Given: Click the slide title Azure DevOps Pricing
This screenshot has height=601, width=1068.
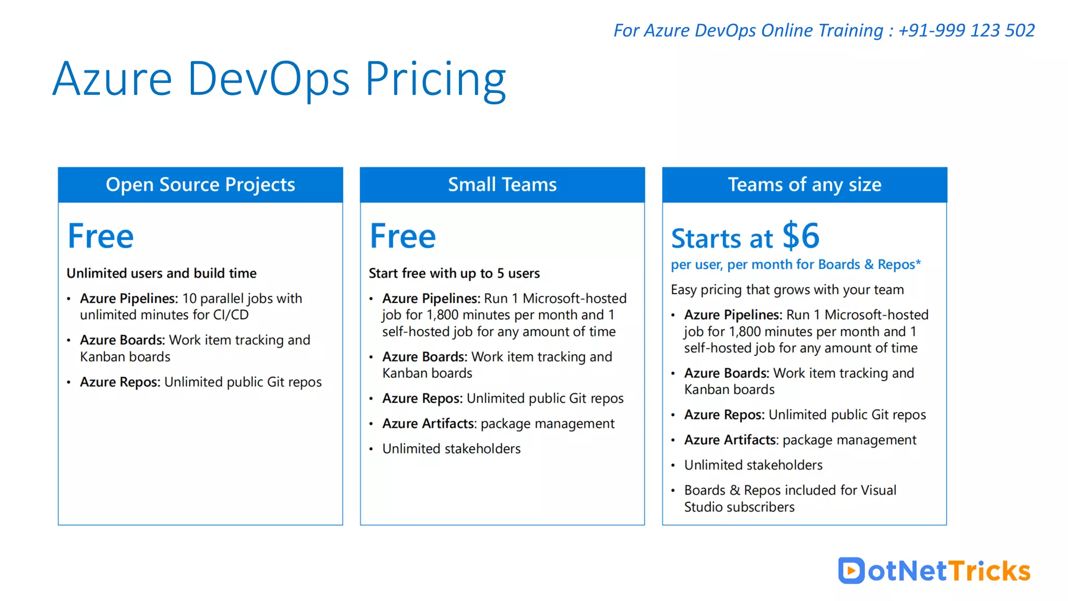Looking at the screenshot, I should tap(279, 79).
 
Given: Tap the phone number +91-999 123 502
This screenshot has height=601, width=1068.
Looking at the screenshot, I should tap(966, 30).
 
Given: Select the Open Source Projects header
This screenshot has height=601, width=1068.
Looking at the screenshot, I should tap(200, 185).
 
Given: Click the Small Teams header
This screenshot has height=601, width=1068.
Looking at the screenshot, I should tap(502, 185).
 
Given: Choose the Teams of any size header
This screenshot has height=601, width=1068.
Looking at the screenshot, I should tap(804, 185).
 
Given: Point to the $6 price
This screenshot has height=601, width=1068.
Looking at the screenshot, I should tap(801, 236).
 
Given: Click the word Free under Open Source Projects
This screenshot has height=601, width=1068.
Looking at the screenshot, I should tap(101, 236).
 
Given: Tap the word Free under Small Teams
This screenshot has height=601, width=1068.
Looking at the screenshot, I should tap(403, 236).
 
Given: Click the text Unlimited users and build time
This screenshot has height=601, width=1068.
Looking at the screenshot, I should tap(162, 273).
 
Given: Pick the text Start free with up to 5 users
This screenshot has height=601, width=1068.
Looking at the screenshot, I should tap(454, 273).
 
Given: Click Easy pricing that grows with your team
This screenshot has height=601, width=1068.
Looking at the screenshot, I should tap(787, 290).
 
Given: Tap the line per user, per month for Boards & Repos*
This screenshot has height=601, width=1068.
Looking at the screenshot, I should tap(796, 265).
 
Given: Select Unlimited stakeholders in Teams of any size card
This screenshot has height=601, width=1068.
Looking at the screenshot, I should tap(753, 465).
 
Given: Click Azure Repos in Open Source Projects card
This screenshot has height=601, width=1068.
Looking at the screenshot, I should tap(119, 382).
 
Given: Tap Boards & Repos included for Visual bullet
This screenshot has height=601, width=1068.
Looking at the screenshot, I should tap(790, 490).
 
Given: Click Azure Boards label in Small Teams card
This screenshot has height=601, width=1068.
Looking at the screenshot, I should tap(424, 357).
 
